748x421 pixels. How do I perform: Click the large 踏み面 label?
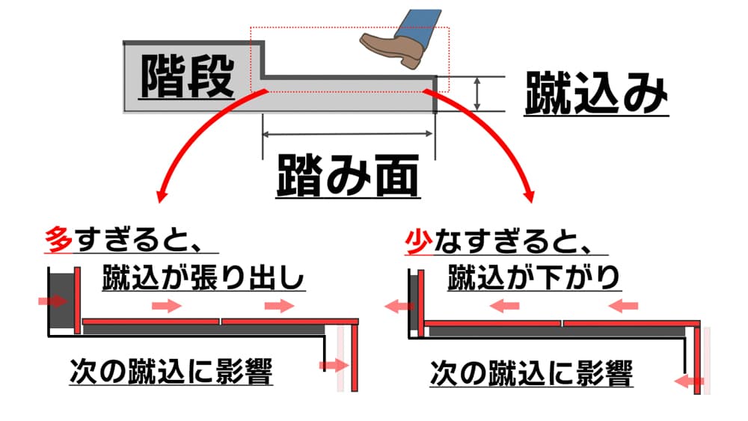348,174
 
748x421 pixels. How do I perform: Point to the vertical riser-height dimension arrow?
476,93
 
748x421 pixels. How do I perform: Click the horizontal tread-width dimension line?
348,135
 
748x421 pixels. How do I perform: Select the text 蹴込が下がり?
534,278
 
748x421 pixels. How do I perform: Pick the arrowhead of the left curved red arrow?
160,197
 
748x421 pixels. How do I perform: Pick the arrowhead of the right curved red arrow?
530,197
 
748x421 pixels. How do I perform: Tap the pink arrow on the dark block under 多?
52,301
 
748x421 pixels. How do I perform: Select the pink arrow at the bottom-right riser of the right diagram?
688,382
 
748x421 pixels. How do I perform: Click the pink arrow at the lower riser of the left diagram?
333,365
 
